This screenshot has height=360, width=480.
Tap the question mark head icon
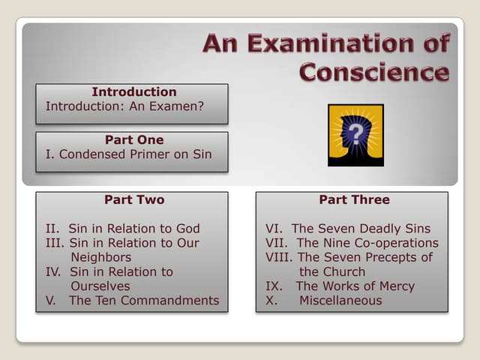coord(355,135)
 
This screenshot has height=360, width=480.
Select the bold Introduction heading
coord(133,92)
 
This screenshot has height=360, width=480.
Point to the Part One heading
coord(133,139)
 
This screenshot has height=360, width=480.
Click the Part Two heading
coord(133,199)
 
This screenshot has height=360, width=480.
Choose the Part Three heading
coord(354,199)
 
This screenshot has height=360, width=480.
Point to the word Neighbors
coord(101,257)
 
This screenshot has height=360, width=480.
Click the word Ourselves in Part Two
coord(100,286)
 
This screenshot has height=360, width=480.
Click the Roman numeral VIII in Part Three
coord(278,257)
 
